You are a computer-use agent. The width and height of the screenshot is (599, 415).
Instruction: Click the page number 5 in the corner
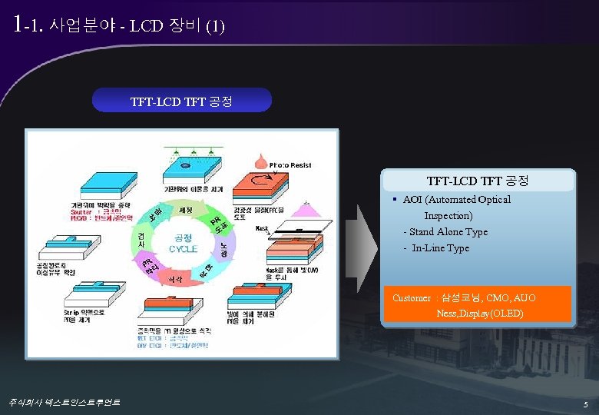click(585, 404)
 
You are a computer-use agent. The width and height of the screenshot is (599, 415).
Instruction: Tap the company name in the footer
click(64, 402)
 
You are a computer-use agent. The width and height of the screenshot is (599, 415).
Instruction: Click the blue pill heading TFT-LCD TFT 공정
click(181, 101)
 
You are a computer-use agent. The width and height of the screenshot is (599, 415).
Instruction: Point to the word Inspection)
click(448, 216)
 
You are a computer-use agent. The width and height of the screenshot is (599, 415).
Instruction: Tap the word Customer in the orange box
click(412, 298)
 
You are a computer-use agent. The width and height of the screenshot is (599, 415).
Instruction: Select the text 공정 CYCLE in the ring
click(184, 243)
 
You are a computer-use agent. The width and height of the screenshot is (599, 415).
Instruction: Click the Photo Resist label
click(290, 165)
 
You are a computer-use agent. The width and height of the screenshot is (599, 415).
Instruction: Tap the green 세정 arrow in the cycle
click(185, 210)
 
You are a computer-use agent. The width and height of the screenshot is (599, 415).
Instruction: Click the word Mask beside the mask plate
click(262, 229)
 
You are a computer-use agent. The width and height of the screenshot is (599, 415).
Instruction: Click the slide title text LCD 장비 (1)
click(177, 26)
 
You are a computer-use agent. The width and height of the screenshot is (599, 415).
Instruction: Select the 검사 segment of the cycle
click(141, 239)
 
